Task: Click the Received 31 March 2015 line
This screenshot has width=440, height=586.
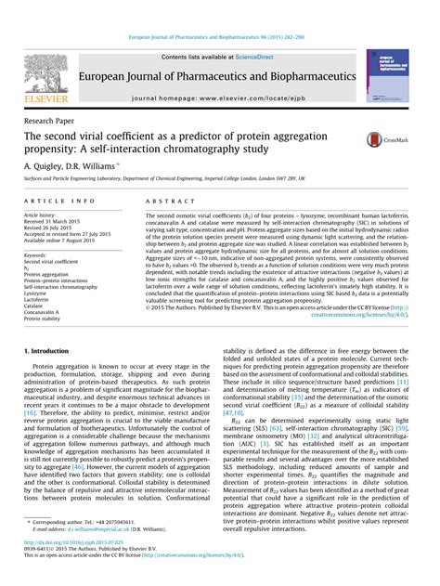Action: click(x=54, y=223)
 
